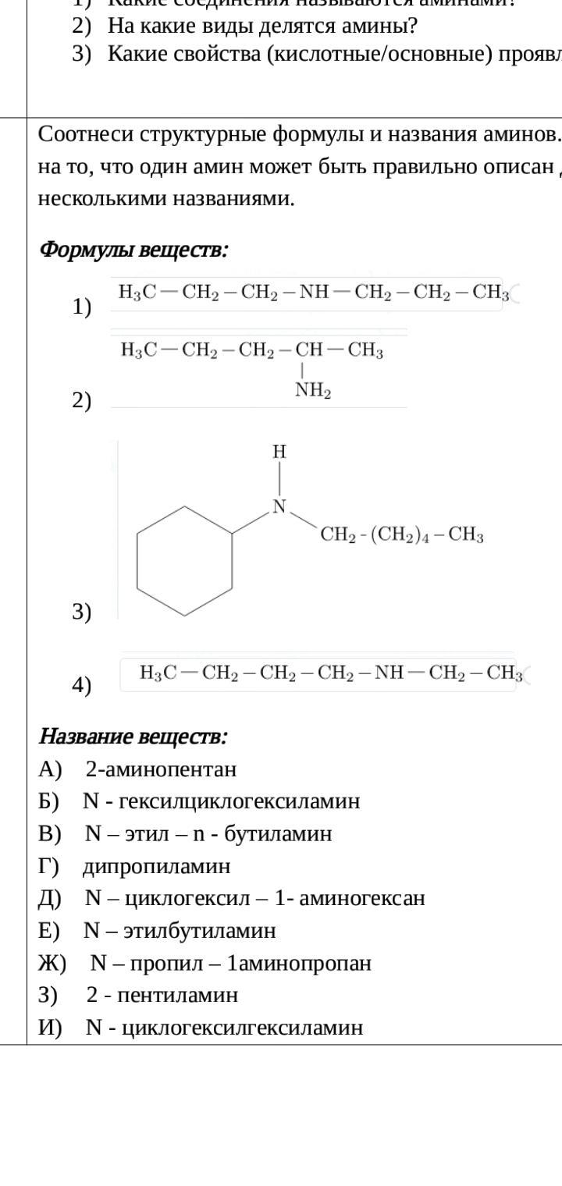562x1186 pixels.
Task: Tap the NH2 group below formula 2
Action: point(313,391)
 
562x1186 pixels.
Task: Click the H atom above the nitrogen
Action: point(279,451)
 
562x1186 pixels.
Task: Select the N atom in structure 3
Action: point(279,507)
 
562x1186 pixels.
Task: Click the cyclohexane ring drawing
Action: point(184,560)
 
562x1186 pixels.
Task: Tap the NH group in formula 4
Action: point(389,673)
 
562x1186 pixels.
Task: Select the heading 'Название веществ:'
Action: point(133,736)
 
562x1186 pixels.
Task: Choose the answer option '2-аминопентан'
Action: point(161,769)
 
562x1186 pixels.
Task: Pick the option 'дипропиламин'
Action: point(156,866)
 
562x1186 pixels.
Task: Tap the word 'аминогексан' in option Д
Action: point(370,898)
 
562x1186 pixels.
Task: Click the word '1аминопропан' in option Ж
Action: point(299,963)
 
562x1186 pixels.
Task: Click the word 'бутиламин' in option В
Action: point(278,834)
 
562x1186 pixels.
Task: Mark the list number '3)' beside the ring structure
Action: point(82,612)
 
